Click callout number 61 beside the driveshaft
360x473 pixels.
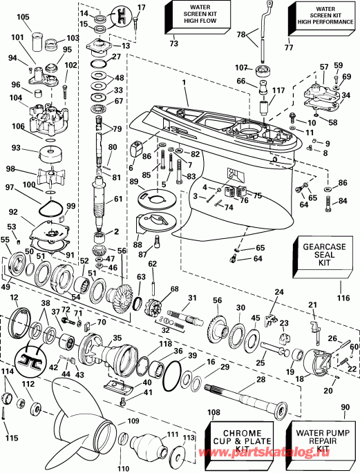(118, 200)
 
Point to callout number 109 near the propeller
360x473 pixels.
(133, 421)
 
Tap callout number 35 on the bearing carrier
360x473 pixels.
(117, 338)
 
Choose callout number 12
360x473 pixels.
(14, 297)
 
